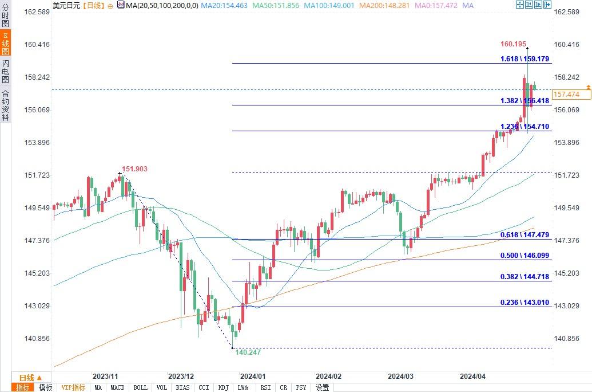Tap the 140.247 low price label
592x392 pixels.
click(x=249, y=352)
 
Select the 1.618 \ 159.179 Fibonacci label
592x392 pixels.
click(x=525, y=58)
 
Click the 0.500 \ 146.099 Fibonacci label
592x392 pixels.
click(x=525, y=256)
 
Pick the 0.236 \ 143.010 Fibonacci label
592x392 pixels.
click(x=525, y=302)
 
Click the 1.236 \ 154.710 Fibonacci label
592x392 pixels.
click(x=525, y=126)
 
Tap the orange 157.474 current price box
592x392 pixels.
click(x=567, y=94)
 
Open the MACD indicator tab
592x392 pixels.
click(x=117, y=387)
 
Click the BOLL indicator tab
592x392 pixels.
click(x=140, y=387)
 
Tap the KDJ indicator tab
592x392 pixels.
click(x=223, y=387)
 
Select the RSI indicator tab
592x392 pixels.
click(x=265, y=387)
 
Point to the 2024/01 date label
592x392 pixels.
click(x=252, y=377)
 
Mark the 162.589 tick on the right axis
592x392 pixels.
click(x=567, y=12)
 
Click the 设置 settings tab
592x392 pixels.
click(x=322, y=387)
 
